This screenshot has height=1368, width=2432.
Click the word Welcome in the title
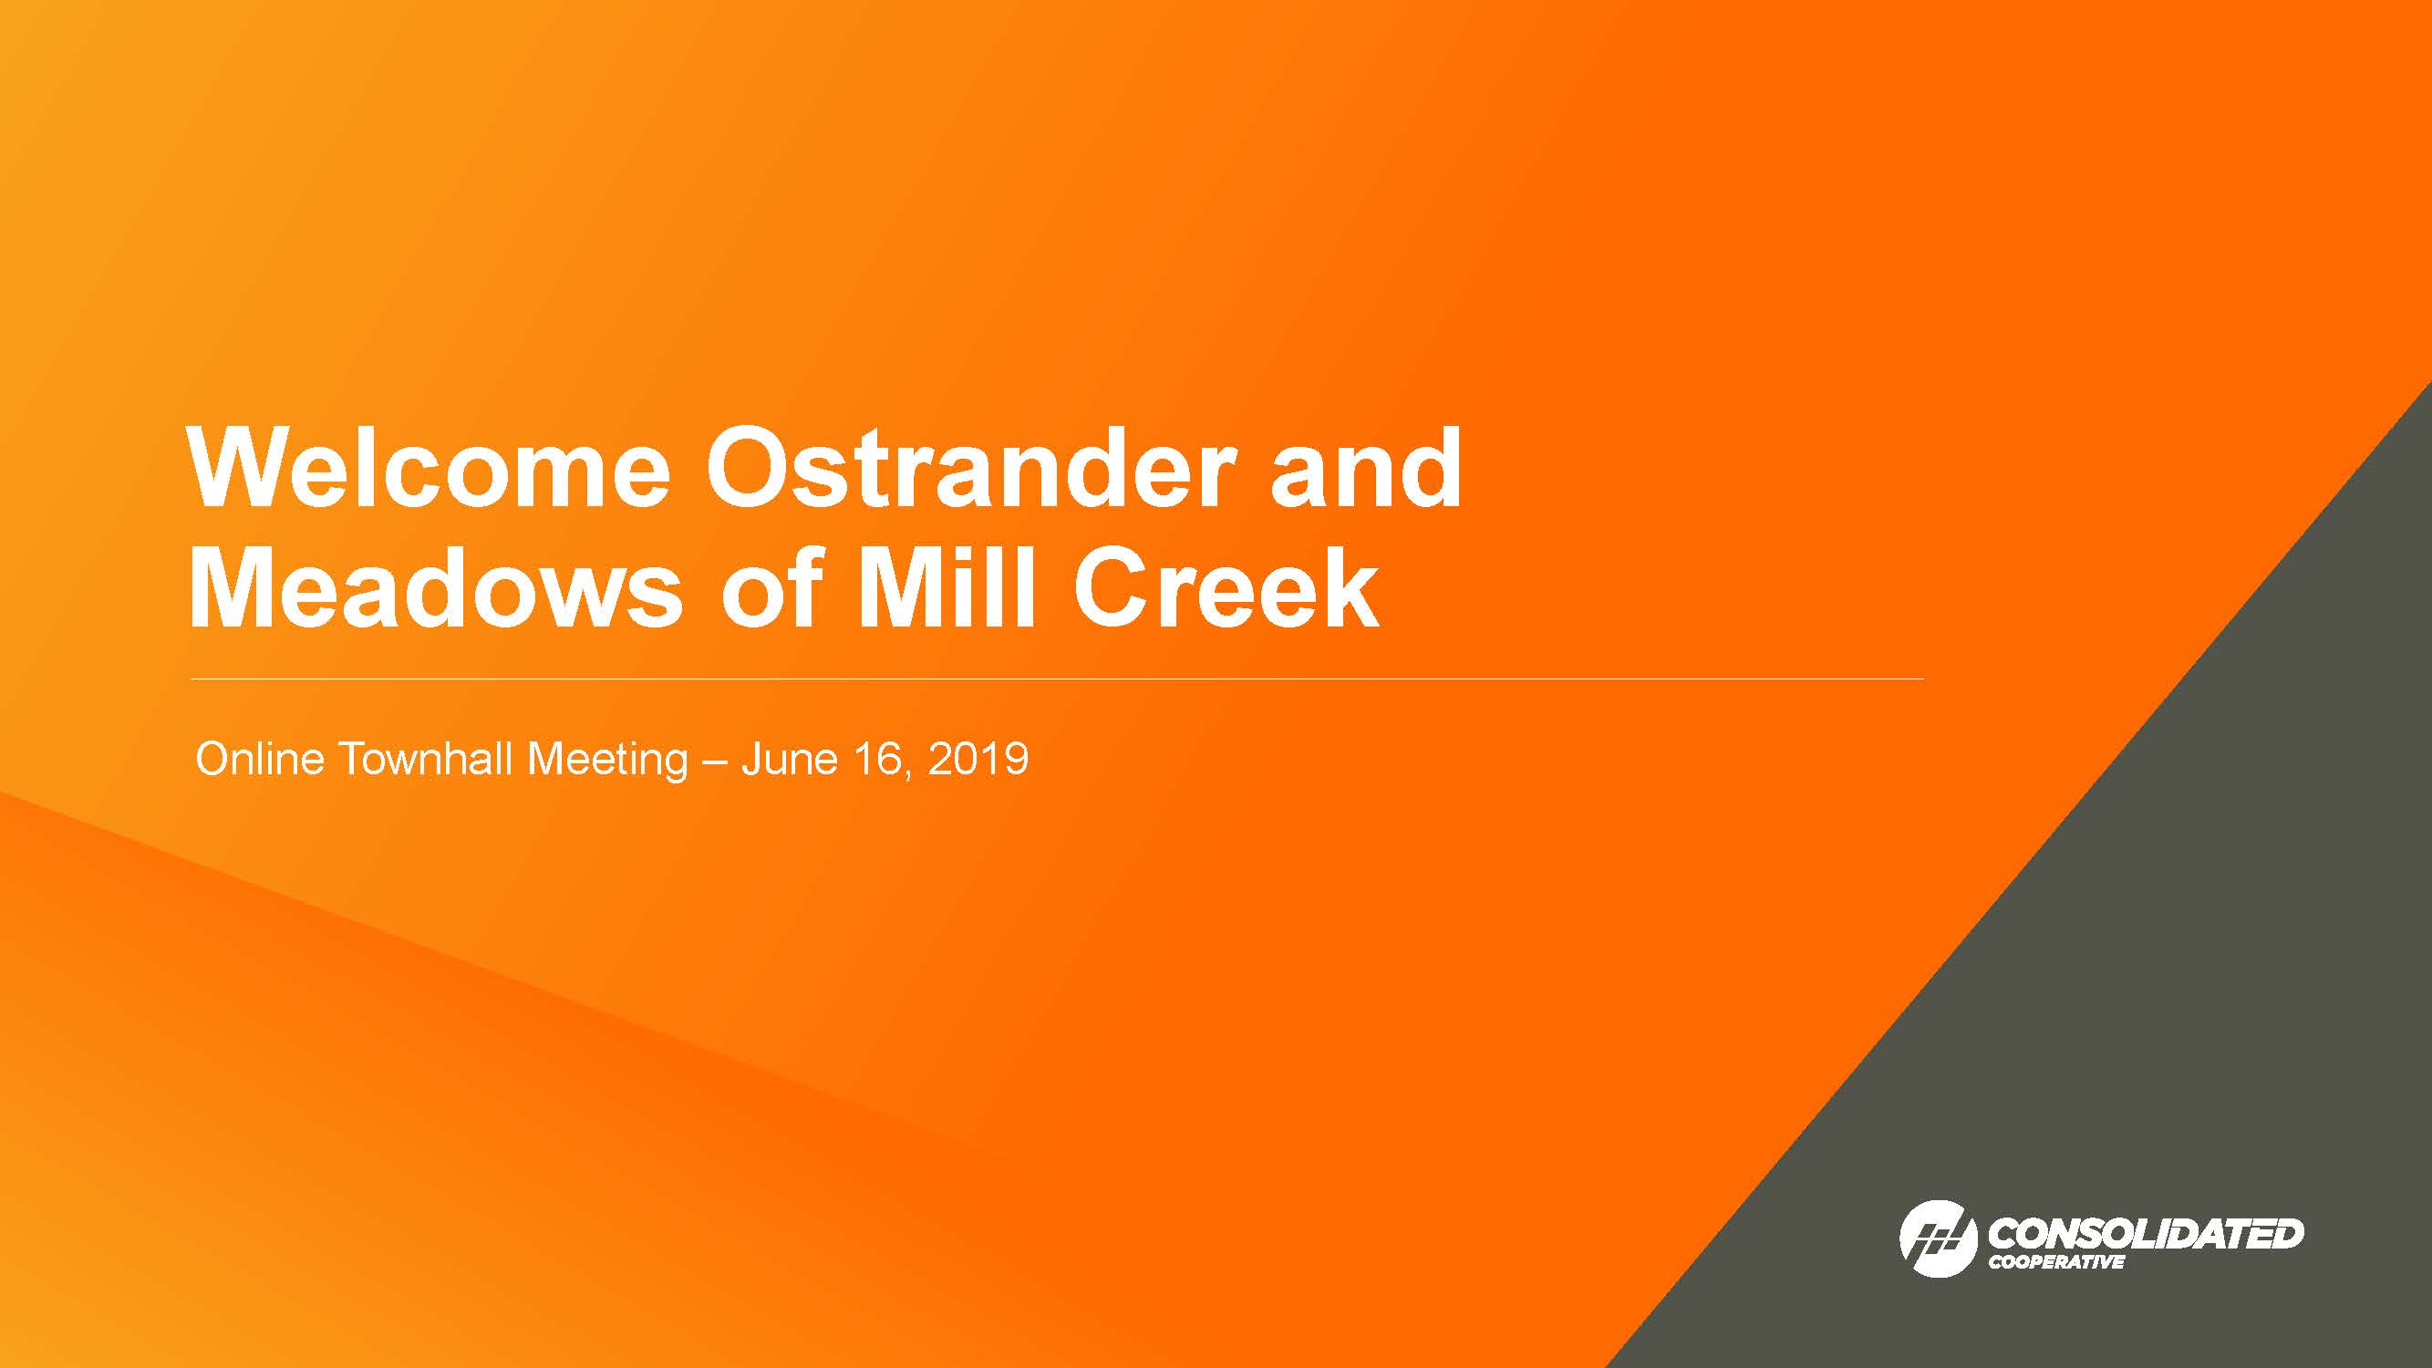[x=429, y=468]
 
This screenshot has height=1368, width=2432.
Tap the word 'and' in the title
[x=1366, y=467]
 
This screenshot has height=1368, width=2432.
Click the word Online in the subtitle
[x=260, y=759]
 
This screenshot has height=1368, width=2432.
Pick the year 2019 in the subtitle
[x=978, y=759]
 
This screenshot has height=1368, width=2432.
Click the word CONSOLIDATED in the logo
[x=2145, y=1233]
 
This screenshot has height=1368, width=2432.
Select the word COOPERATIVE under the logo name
[x=2056, y=1262]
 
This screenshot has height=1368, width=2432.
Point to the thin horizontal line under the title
[x=1058, y=679]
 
